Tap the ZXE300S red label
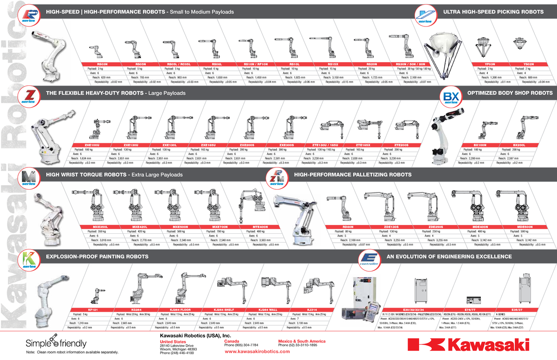point(286,145)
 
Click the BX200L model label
point(519,145)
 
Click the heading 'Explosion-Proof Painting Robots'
point(97,257)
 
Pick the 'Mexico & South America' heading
point(301,341)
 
